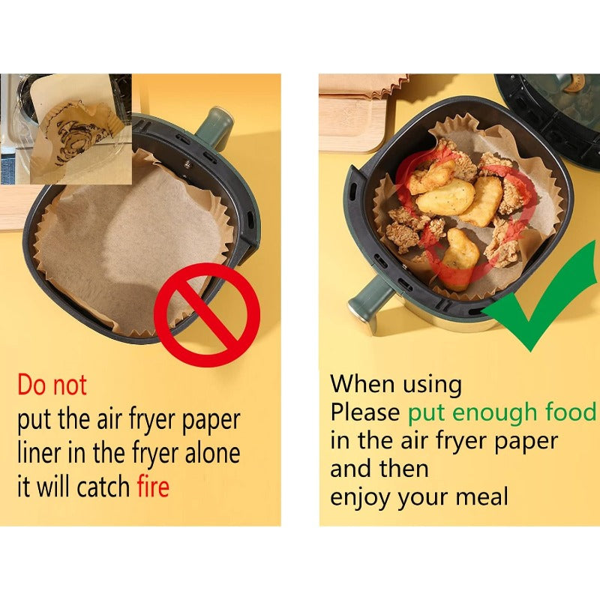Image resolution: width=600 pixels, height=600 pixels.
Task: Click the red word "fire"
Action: [153, 486]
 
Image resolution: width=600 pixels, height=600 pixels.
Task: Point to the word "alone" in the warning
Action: [212, 453]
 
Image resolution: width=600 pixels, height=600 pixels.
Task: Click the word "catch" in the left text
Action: [103, 486]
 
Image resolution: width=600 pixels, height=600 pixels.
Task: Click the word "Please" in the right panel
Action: [365, 412]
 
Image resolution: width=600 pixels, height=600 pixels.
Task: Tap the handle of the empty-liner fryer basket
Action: [214, 127]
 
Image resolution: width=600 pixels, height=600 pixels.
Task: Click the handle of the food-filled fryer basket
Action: [369, 301]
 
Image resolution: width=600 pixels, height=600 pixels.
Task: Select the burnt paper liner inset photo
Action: [66, 129]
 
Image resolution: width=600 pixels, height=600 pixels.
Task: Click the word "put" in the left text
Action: [34, 421]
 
